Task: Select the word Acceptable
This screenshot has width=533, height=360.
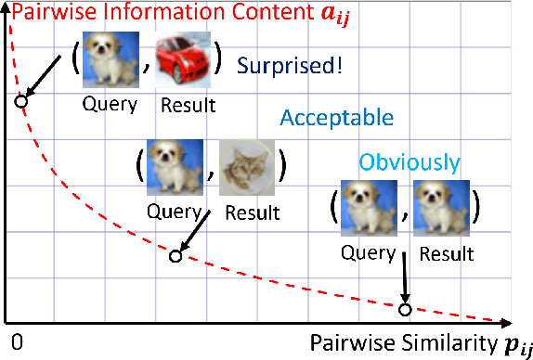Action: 337,119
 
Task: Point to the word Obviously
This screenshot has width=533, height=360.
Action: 409,163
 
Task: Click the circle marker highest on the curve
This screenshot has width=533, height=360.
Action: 20,99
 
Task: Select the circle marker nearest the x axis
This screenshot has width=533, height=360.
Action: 404,309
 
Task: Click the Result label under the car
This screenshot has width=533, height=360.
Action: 186,105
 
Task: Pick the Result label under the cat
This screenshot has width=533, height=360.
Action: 250,212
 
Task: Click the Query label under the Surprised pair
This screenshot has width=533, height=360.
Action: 110,104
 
